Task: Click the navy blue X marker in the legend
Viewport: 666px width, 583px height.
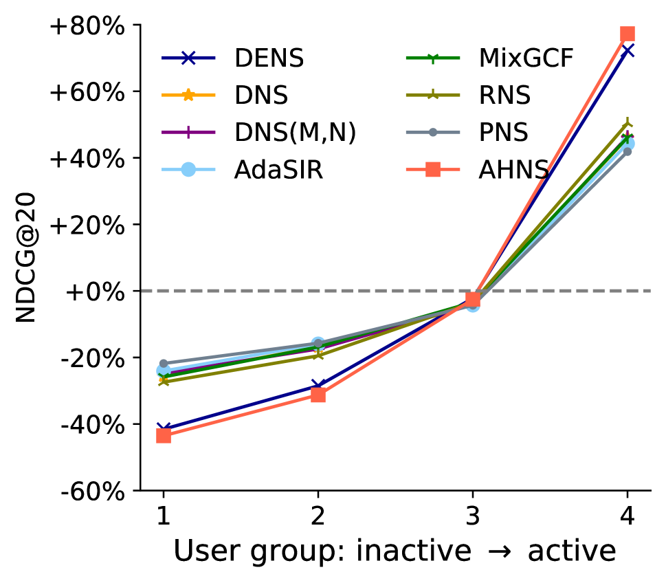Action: coord(188,58)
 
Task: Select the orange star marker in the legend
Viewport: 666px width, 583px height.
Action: coord(188,95)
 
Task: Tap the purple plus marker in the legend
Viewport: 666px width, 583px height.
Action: coord(188,132)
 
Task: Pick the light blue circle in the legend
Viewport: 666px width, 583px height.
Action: coord(188,169)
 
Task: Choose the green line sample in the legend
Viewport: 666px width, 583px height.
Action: coord(432,58)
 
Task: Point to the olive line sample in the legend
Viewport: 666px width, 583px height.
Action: coord(432,95)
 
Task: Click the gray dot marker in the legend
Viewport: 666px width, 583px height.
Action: coord(432,132)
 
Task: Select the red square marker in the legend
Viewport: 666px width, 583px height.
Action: coord(432,169)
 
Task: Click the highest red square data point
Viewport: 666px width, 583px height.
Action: coord(628,34)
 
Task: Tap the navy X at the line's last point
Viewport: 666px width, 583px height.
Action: coord(628,50)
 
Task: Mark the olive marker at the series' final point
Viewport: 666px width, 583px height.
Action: coord(628,125)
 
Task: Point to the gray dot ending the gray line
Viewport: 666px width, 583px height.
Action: coord(628,151)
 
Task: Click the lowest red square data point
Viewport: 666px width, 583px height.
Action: coord(164,436)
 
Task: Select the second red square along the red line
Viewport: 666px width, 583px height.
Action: coord(318,395)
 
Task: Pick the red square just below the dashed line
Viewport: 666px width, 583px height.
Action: coord(473,299)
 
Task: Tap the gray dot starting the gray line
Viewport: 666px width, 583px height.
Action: coord(164,363)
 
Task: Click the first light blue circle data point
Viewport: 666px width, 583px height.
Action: coord(164,371)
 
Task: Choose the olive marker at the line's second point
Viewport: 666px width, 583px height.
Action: coord(318,355)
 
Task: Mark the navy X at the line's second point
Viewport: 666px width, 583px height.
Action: coord(317,385)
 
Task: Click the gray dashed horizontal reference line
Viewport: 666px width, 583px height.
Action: coord(275,291)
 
